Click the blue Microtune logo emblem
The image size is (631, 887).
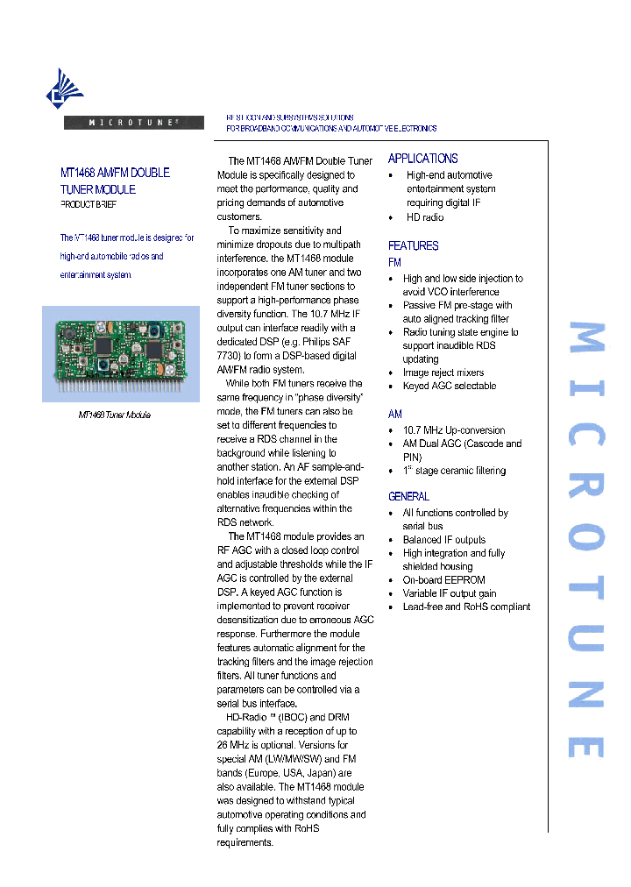65,89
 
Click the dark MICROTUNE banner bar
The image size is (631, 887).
134,123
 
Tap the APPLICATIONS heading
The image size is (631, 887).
422,159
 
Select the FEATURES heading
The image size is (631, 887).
413,246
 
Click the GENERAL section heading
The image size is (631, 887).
408,497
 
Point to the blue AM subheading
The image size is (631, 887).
395,414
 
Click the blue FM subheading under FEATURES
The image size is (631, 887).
394,263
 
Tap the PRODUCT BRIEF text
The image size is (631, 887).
88,204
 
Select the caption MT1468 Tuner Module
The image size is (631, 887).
115,415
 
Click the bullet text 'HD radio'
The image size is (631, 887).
424,217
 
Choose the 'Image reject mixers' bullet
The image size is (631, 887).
443,373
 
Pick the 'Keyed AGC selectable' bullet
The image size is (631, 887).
449,386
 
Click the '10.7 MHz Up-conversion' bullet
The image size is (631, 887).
453,430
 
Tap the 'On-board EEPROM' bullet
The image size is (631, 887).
443,580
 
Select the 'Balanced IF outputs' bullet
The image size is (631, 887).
443,540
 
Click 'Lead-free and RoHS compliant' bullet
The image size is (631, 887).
465,607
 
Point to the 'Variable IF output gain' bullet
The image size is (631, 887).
449,593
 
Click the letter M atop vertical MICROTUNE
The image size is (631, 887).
586,341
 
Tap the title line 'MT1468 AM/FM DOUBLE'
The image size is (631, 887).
115,173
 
